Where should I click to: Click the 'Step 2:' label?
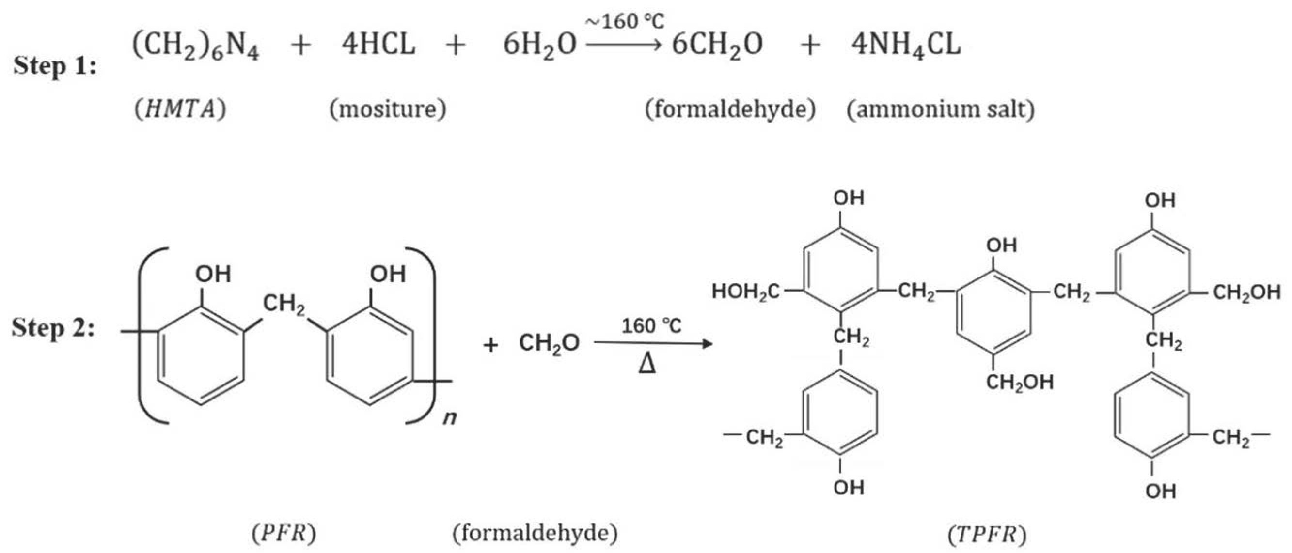[x=53, y=329]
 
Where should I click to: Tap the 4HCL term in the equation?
[x=378, y=44]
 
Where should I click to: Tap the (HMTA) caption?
[x=180, y=109]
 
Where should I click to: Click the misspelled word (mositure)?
[x=388, y=109]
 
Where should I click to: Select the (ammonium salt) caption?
[x=941, y=109]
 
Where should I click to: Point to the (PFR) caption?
[x=284, y=534]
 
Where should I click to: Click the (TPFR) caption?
[x=987, y=535]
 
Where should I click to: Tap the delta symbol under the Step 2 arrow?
[x=647, y=365]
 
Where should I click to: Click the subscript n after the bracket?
[x=449, y=417]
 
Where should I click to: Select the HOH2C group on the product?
[x=746, y=292]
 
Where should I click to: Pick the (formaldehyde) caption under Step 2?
[x=535, y=534]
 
